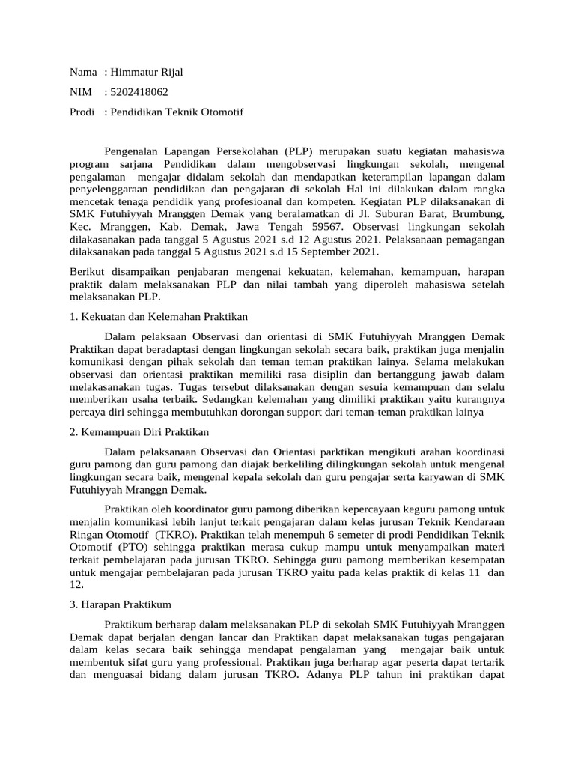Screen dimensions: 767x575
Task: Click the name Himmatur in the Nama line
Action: (x=134, y=72)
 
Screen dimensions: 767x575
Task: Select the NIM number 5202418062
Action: (x=139, y=92)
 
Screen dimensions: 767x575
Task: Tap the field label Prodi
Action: (x=82, y=112)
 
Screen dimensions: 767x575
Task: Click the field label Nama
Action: (x=83, y=72)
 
